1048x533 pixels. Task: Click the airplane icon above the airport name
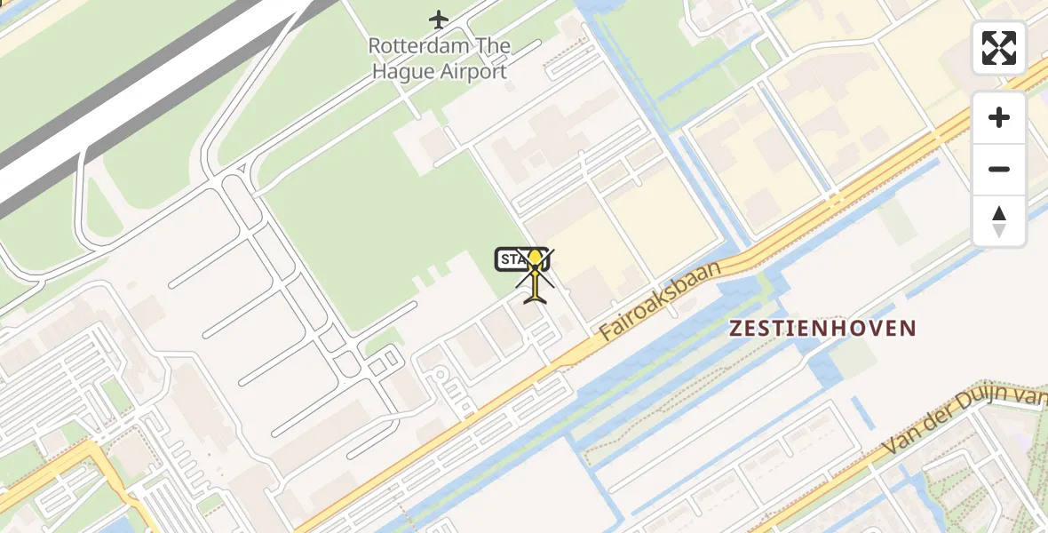[x=439, y=18]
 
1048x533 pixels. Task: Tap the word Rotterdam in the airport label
[x=415, y=45]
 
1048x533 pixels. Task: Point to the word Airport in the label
[x=473, y=72]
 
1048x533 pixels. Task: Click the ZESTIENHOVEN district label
[x=822, y=328]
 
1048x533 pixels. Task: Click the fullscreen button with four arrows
[x=999, y=48]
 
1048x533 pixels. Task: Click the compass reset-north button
[x=999, y=221]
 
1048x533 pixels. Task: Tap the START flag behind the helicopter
[x=512, y=259]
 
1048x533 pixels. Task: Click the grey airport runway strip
[x=133, y=98]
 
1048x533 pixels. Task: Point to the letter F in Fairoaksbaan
[x=607, y=333]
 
